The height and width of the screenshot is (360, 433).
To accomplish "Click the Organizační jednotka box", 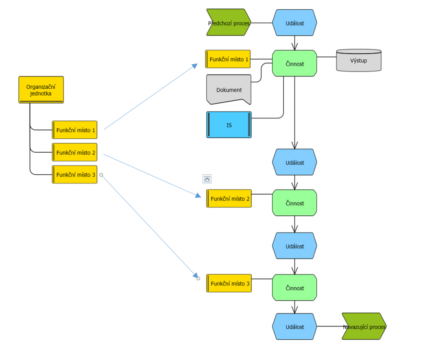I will pos(41,90).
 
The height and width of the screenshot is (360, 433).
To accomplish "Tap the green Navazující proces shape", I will pos(364,327).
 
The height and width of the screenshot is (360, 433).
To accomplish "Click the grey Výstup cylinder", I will pos(359,60).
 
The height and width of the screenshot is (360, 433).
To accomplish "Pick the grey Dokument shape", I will pos(229,90).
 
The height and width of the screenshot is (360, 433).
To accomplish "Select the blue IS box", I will pos(229,125).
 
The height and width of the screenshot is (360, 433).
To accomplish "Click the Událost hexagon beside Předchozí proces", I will pos(294,23).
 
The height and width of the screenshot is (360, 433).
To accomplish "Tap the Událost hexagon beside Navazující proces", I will pos(294,327).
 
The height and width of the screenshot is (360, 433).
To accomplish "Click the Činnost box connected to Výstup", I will pos(294,63).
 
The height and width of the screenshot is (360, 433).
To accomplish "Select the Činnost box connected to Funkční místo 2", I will pos(294,203).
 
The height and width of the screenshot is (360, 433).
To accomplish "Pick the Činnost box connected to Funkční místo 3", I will pos(294,288).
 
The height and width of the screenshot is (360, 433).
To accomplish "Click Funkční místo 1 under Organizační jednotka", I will pos(75,130).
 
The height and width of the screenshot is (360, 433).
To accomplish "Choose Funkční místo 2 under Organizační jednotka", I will pos(75,152).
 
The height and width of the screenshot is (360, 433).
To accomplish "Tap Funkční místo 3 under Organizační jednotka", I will pos(75,175).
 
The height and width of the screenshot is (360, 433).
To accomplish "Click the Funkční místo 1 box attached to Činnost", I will pos(228,59).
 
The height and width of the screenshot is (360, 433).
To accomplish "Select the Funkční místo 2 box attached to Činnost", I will pos(229,198).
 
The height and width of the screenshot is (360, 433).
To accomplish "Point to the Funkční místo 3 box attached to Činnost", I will pos(229,283).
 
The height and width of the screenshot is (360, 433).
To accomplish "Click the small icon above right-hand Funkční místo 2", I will pos(207,179).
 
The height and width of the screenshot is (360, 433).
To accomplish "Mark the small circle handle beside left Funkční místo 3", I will pos(101,175).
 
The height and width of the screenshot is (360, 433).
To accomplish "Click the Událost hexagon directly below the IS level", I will pos(294,162).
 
